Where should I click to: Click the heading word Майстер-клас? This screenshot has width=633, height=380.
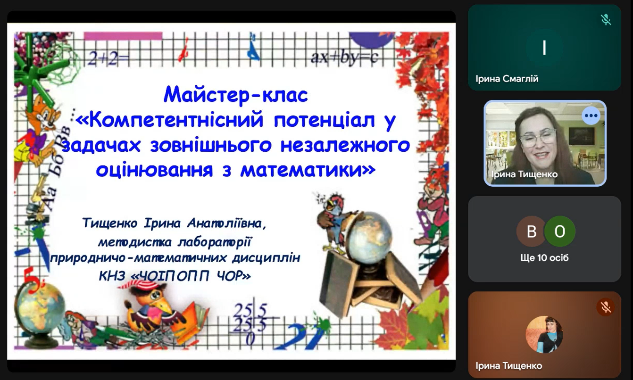tap(236, 95)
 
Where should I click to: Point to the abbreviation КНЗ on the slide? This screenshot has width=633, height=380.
tap(112, 276)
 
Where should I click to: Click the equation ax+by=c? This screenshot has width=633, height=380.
tap(344, 58)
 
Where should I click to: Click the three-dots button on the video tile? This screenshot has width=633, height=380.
tap(591, 116)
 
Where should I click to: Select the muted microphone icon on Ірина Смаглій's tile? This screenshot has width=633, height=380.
tap(606, 20)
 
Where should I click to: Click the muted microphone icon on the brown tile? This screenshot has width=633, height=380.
tap(606, 307)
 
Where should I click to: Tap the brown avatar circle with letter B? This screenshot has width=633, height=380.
tap(531, 231)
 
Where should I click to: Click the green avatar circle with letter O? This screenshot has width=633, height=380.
tap(560, 231)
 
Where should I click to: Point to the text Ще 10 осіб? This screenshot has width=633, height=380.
tap(544, 258)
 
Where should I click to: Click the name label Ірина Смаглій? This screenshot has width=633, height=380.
tap(507, 79)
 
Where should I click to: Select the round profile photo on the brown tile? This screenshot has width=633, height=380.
tap(544, 335)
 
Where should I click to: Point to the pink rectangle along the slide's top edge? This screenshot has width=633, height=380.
tap(123, 36)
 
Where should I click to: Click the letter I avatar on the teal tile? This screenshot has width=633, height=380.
tap(544, 48)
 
